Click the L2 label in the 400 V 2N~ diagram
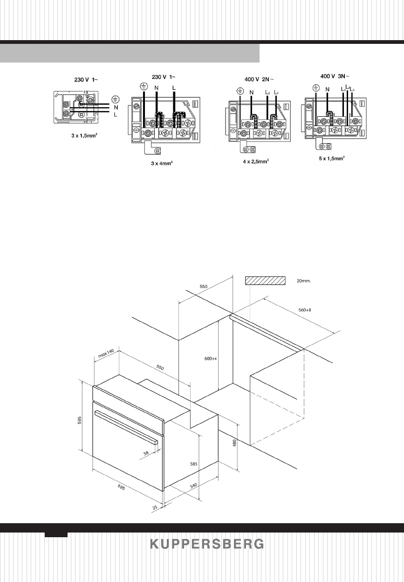pos(267,92)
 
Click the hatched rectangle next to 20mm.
pos(265,280)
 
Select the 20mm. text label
pos(303,281)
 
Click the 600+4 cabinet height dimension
pos(212,359)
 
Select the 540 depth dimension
pos(194,485)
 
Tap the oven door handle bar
pos(126,425)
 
